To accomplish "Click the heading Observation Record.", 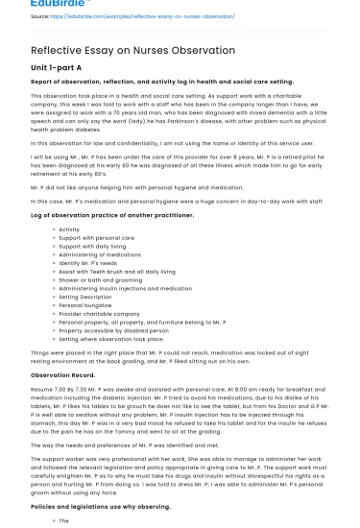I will point(69,374).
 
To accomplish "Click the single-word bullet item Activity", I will point(69,229).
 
